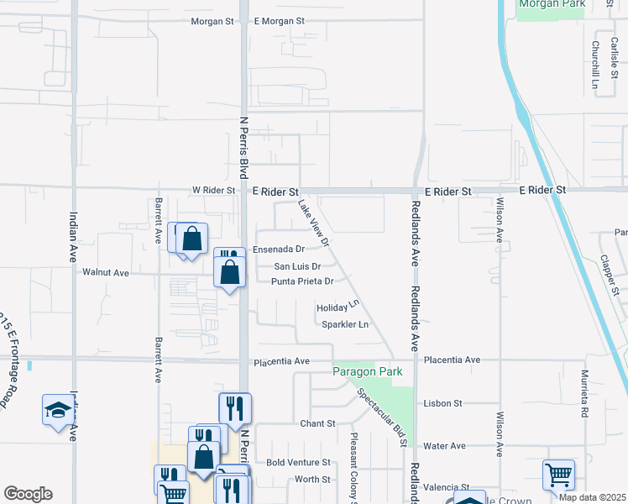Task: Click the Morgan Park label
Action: pos(551,4)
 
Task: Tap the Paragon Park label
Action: pos(367,371)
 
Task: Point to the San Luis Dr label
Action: pos(298,266)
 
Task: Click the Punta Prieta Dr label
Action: pos(302,281)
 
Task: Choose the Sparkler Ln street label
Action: pos(345,324)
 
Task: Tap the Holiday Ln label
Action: pos(338,307)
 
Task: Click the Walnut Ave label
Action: pos(106,272)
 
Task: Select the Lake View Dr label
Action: pos(312,223)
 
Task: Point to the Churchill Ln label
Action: pos(594,66)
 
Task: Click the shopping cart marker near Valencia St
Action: pos(558,475)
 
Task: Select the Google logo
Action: pos(28,494)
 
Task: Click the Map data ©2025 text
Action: pos(591,497)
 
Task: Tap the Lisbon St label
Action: pos(444,403)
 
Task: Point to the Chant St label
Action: pos(318,423)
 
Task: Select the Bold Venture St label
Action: pos(298,463)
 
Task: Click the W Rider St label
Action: pos(213,191)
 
